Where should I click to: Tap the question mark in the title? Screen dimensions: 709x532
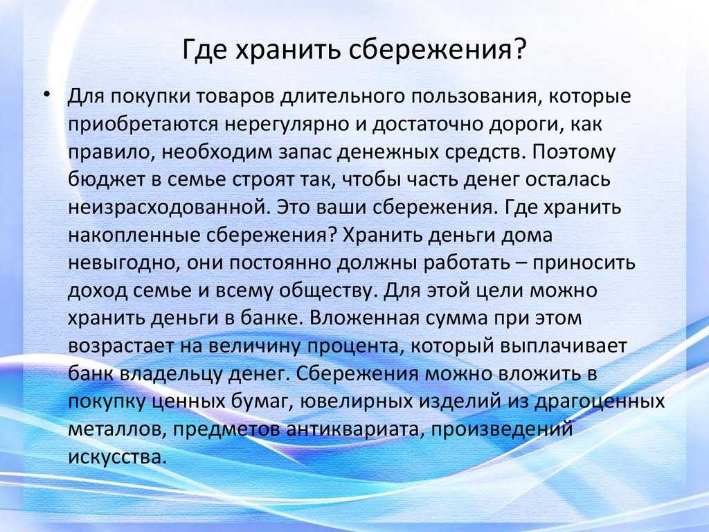[520, 49]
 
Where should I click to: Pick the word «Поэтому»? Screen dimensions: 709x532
[573, 152]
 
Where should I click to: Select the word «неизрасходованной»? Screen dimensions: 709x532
[170, 207]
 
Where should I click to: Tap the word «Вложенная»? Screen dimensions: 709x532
[364, 319]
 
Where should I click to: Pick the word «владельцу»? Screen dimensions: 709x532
[172, 374]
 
